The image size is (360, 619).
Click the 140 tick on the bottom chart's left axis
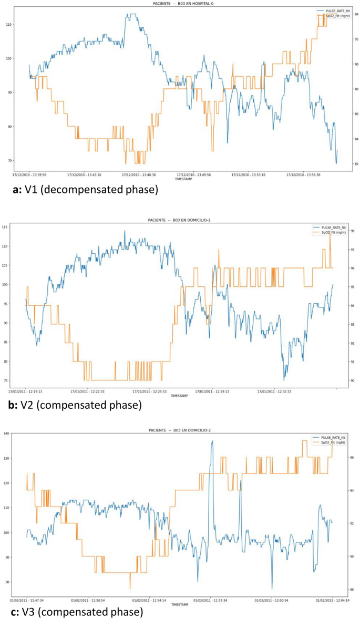pos(7,434)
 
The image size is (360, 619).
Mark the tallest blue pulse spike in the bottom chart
pos(212,441)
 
